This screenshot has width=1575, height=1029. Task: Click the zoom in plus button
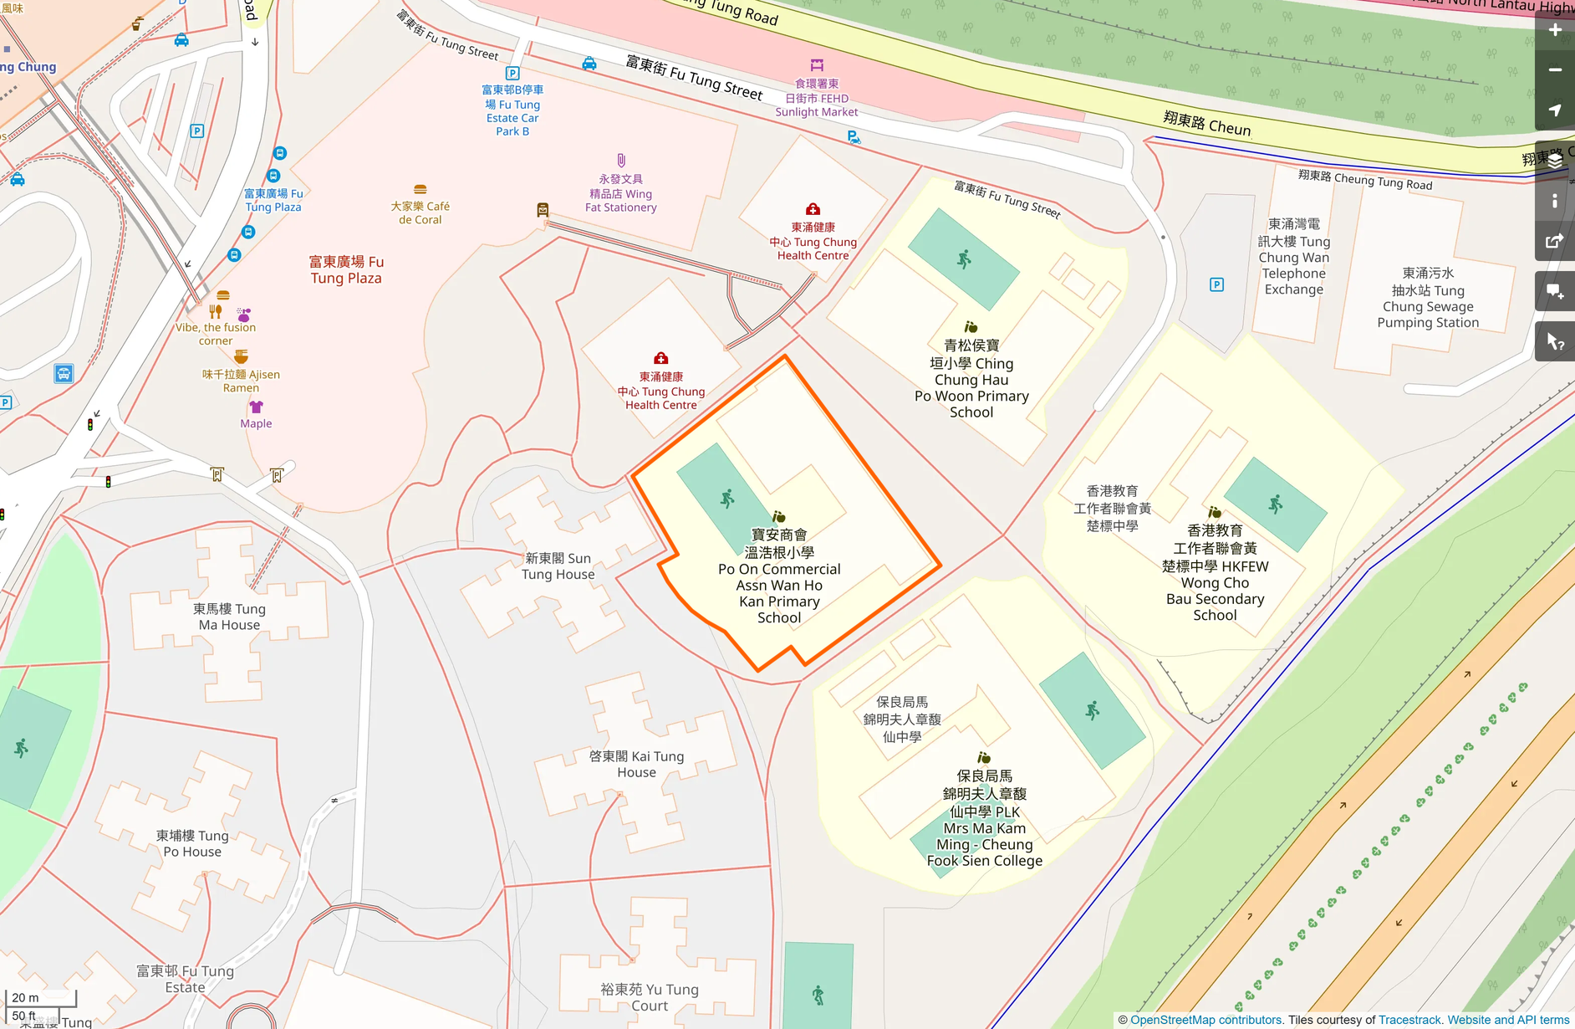click(1554, 30)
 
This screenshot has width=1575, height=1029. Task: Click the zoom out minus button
click(1554, 70)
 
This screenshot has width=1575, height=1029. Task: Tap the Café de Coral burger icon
click(421, 190)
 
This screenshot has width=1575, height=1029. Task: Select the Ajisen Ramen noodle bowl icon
click(241, 357)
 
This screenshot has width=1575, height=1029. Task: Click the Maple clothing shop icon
click(256, 407)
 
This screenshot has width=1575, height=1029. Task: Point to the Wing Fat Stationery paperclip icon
click(621, 161)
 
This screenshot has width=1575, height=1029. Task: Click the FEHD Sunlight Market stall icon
click(817, 65)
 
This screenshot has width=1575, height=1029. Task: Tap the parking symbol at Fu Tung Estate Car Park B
click(512, 74)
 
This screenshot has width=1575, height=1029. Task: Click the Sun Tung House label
click(558, 566)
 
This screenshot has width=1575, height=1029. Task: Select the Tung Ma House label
click(229, 617)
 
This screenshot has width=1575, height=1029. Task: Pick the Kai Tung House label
click(636, 765)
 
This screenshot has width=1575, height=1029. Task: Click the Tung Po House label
click(192, 843)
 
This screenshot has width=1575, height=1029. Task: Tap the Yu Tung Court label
click(650, 997)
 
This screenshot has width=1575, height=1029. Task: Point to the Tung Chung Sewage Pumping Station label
click(1428, 298)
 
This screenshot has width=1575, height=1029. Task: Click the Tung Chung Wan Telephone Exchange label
click(1294, 257)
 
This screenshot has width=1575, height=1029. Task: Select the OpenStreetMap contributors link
click(1205, 1020)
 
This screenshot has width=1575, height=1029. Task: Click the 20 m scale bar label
click(25, 997)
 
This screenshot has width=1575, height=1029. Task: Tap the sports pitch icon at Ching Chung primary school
click(964, 259)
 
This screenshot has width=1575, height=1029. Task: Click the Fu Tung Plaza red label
click(346, 269)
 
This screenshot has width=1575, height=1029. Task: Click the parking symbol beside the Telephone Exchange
click(1216, 285)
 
